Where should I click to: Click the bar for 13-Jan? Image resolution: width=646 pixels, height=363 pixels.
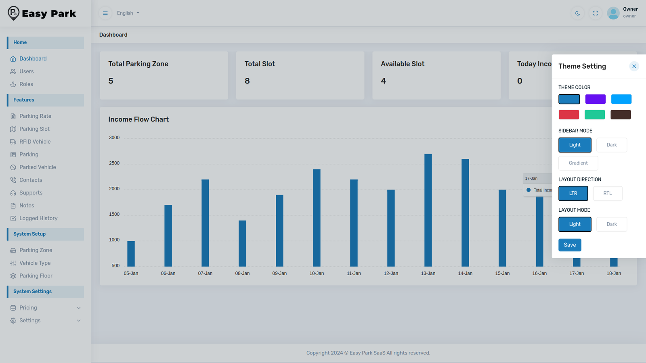coord(428,210)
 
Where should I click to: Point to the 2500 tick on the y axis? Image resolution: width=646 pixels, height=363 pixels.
coord(114,163)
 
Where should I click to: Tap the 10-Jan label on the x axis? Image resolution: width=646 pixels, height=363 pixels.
coord(317,273)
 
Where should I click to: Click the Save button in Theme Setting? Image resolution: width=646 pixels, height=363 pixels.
coord(570,245)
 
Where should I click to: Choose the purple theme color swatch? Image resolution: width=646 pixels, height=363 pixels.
coord(595,99)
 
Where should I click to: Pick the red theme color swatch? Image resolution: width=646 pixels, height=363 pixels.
coord(568,115)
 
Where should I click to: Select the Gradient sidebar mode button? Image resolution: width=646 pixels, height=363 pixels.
coord(578,163)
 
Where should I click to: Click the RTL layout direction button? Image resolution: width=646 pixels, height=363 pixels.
coord(607,193)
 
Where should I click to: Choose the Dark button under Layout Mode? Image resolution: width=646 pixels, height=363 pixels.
coord(612,224)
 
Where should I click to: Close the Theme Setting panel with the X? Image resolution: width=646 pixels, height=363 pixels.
coord(634,66)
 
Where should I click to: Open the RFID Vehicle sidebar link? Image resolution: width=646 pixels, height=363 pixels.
coord(35,142)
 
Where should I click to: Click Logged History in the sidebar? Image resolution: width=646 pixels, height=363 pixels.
coord(38,218)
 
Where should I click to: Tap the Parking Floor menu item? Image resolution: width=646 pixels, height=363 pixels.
coord(36,276)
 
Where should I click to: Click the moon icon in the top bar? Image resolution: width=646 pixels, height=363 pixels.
coord(577,13)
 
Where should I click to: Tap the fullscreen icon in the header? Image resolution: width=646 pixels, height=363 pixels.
coord(595,13)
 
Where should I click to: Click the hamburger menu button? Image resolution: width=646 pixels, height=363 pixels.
coord(105,13)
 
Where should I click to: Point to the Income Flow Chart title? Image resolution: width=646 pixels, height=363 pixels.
coord(138,119)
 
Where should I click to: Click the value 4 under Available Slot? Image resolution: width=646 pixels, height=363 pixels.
coord(383,81)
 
